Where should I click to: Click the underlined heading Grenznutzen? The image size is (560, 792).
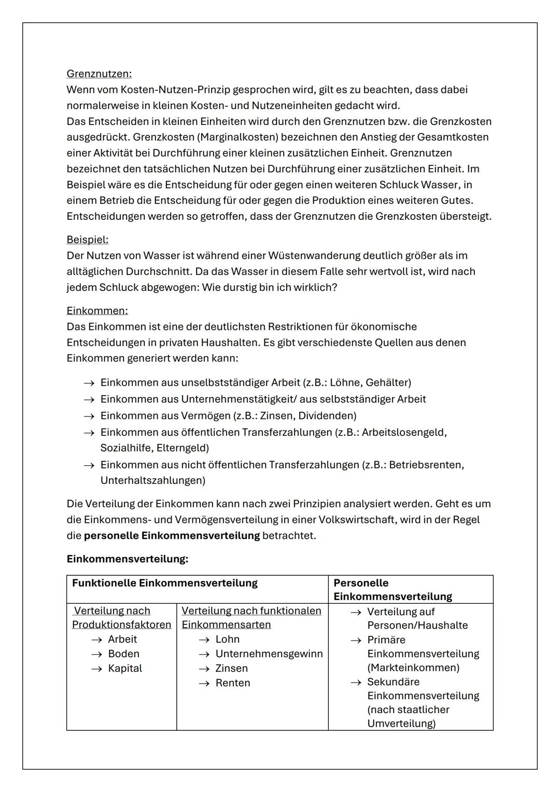[99, 74]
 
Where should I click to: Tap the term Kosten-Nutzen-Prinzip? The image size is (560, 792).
[179, 90]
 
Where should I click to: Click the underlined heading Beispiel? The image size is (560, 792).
[88, 240]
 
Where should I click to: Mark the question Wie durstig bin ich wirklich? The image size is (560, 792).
[269, 287]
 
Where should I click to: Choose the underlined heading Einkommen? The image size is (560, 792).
[97, 311]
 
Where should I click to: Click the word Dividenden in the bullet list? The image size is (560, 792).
[329, 415]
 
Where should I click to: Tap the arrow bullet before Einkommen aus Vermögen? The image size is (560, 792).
[89, 416]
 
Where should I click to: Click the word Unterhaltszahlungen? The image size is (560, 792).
[152, 480]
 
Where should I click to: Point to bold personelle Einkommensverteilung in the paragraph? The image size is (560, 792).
[172, 535]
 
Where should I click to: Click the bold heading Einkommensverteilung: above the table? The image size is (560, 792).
[127, 559]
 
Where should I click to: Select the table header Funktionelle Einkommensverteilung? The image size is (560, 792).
[164, 583]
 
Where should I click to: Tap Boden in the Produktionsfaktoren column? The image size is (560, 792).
[123, 654]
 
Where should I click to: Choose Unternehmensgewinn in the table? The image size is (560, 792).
[269, 654]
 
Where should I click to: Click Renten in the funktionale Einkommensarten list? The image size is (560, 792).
[232, 683]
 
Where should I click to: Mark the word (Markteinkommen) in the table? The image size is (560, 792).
[413, 668]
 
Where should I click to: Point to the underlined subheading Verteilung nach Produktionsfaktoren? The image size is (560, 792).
[121, 618]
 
